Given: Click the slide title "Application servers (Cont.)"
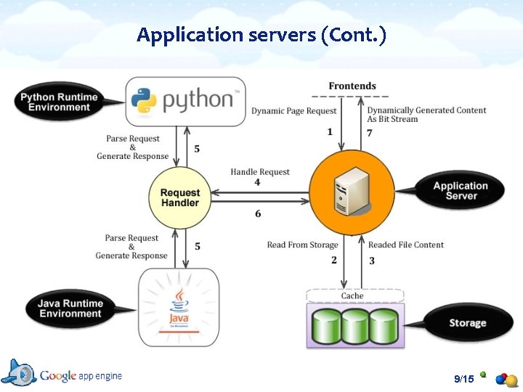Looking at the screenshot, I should tap(261, 35).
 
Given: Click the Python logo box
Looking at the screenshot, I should tap(186, 101).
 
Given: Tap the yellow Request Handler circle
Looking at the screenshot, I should tap(179, 197).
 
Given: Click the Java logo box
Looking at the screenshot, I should tap(179, 307).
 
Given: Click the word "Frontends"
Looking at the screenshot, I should tap(352, 86).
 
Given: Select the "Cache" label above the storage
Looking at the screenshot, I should tap(352, 296).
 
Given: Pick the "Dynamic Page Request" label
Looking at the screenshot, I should tap(294, 111).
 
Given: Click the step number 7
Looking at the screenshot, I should tap(369, 133).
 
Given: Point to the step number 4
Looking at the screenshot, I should tap(257, 182).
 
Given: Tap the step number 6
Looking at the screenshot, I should tap(258, 213).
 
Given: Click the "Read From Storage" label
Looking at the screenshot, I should tap(302, 245).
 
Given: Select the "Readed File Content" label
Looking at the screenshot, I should tap(406, 245).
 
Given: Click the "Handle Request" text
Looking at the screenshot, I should tap(260, 172).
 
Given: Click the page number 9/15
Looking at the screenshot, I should tap(463, 379).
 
